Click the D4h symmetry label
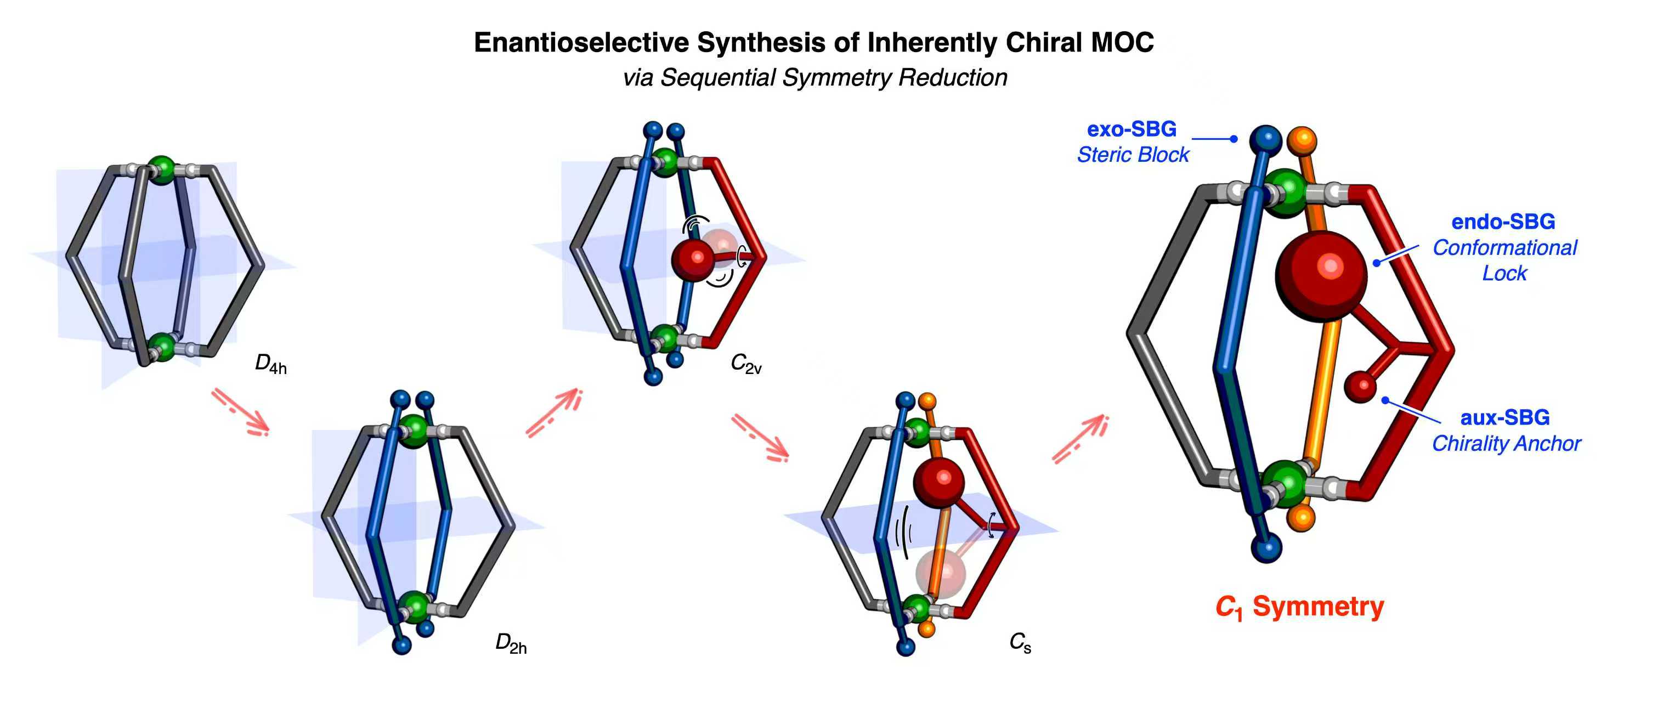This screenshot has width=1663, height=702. (270, 365)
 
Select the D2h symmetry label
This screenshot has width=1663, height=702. (511, 644)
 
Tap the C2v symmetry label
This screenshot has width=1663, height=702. (745, 365)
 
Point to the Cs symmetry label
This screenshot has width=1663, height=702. (1020, 643)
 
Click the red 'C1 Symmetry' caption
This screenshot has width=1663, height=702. (1299, 608)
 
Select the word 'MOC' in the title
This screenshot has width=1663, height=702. (1122, 43)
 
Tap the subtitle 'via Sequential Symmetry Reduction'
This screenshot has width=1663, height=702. (814, 77)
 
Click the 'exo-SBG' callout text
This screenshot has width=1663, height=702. (1132, 129)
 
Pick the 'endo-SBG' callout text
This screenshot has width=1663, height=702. (1503, 222)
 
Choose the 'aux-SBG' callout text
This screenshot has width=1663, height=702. (1505, 418)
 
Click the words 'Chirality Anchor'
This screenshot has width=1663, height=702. (1506, 444)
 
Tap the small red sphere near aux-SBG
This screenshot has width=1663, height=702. (1361, 386)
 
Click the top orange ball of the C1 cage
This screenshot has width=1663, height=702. (1302, 139)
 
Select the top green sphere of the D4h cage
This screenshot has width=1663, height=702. (161, 169)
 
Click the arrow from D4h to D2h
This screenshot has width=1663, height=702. (240, 411)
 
